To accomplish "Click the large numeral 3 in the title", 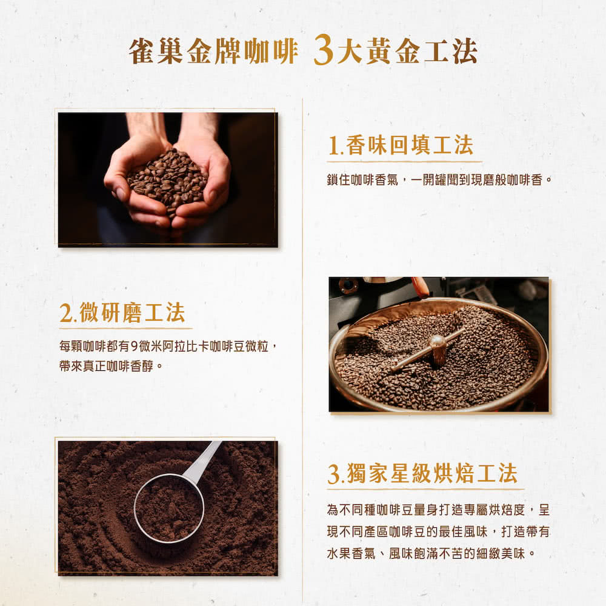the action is click(x=324, y=50).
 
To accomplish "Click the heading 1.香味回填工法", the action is click(x=401, y=145).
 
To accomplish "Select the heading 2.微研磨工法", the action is click(x=122, y=312).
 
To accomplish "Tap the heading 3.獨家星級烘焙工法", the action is click(x=422, y=473).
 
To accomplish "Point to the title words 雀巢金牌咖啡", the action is click(x=213, y=52).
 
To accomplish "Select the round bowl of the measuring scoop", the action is click(x=169, y=508).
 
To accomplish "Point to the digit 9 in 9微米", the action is click(x=134, y=346).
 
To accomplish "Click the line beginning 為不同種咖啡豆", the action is click(x=438, y=510).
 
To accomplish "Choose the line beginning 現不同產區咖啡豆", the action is click(x=438, y=532).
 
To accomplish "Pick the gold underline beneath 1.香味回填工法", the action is click(x=404, y=161).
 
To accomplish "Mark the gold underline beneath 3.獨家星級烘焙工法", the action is click(x=425, y=489).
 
